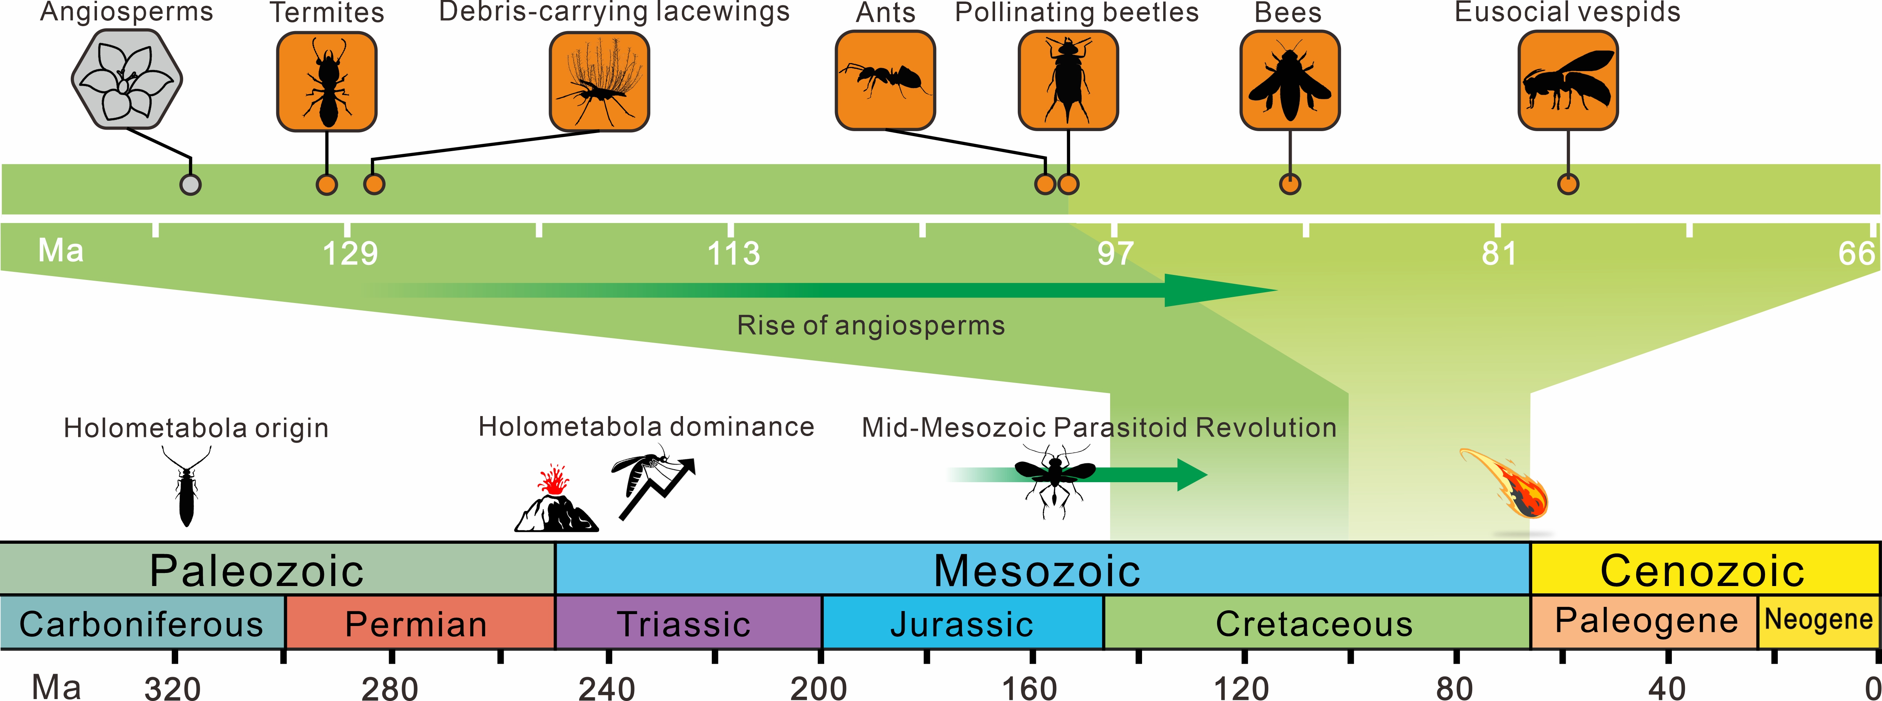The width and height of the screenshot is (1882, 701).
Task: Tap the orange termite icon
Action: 327,81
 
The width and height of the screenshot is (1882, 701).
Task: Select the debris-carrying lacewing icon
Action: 599,81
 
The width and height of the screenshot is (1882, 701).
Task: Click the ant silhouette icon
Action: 885,80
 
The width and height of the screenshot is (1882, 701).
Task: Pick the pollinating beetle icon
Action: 1068,80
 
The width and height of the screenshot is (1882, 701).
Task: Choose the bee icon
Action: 1289,80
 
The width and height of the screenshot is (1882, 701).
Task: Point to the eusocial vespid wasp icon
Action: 1568,80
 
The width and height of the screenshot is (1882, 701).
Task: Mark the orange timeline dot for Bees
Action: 1290,184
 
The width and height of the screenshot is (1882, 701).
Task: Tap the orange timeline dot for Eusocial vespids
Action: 1568,184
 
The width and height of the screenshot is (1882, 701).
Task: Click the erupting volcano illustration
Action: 555,502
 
